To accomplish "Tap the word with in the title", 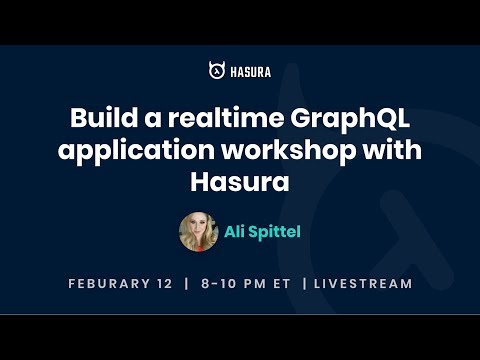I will click(385, 152).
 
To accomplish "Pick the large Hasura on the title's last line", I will click(240, 185).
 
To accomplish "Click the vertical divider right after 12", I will click(185, 284).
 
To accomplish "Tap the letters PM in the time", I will click(254, 284).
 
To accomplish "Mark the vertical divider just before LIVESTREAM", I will click(303, 284).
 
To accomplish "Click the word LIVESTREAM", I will click(362, 284).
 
